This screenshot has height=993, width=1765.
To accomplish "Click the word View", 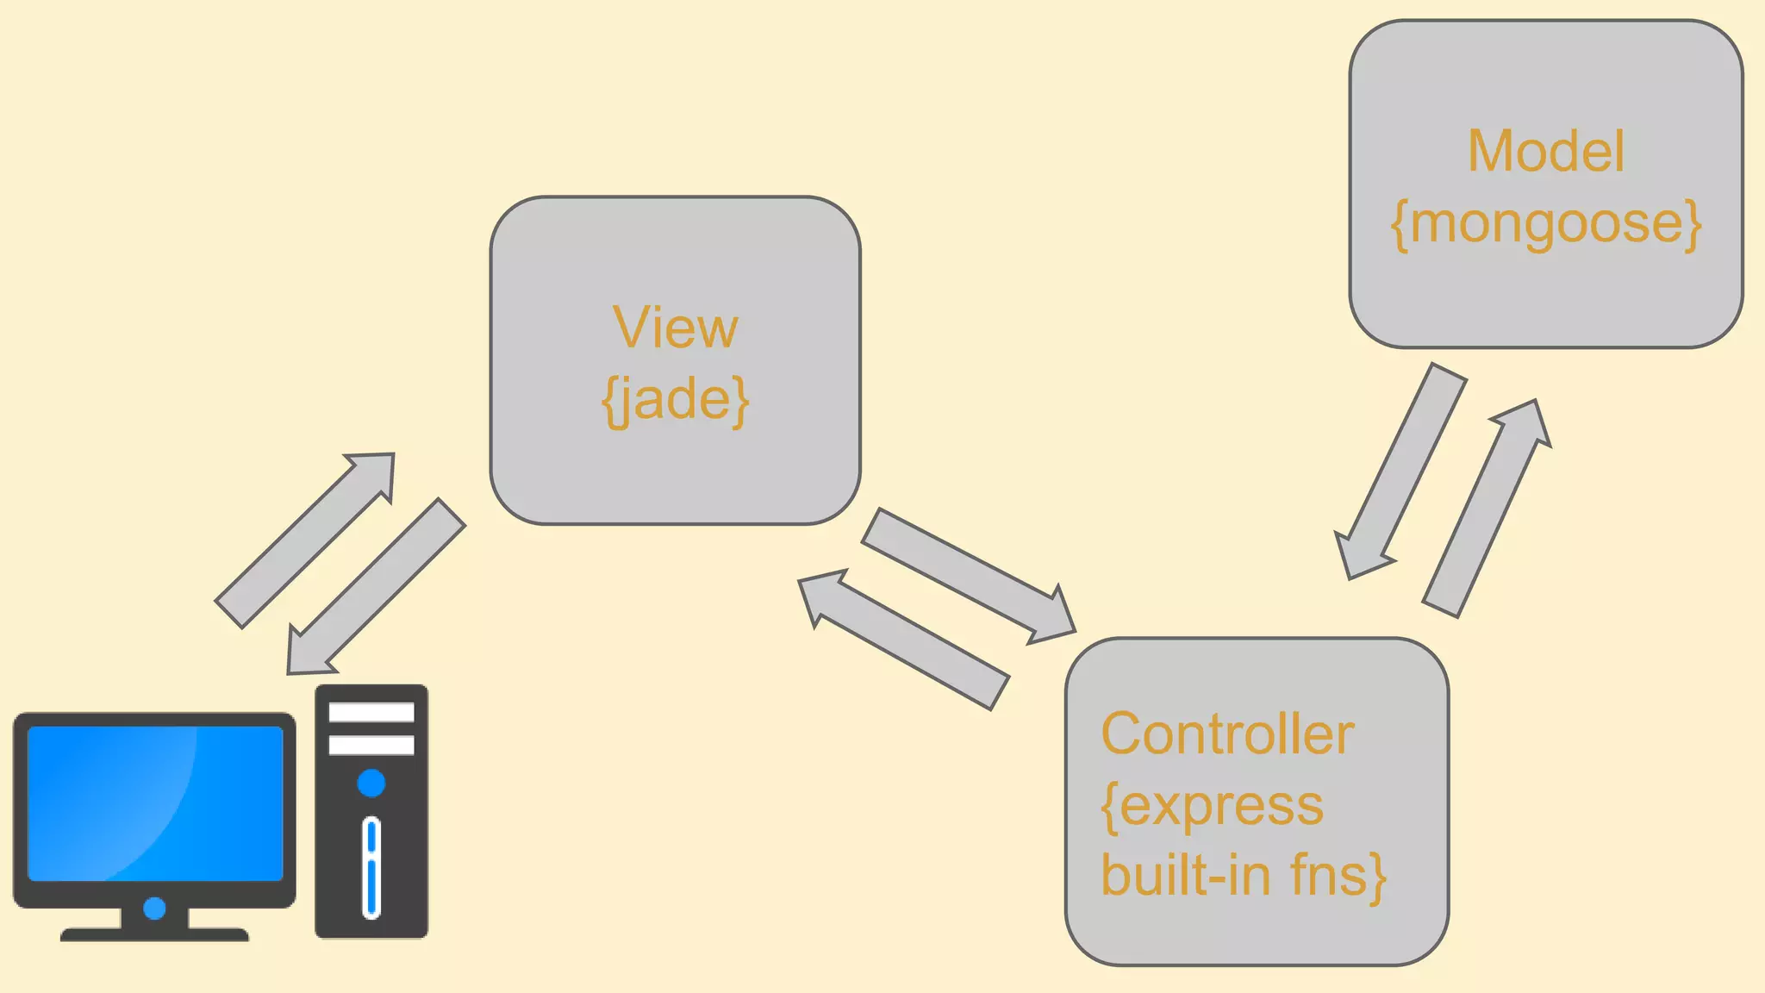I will point(675,328).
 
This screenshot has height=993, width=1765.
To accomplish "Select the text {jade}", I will point(675,400).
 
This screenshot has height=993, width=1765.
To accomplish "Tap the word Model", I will point(1545,152).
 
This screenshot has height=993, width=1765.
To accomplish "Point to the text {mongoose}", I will point(1546,224).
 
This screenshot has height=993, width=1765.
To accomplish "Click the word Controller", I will point(1227,734).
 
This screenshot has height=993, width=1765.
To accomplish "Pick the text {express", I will point(1212,807).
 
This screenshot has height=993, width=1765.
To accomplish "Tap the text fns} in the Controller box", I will point(1338,876).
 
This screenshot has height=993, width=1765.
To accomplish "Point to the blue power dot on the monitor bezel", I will point(154,908).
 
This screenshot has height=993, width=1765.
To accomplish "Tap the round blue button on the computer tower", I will point(371,784).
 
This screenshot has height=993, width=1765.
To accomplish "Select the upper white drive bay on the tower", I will point(371,712).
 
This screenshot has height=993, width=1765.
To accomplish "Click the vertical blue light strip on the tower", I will point(371,866).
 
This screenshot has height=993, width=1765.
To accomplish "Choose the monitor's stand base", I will point(154,934).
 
